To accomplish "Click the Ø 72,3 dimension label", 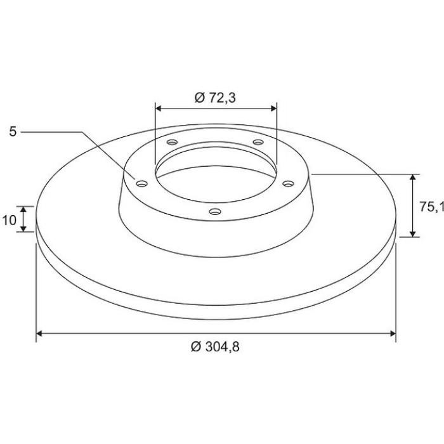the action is [x=215, y=98].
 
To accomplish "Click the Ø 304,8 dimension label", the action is [x=215, y=346].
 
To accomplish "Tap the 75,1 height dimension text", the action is [x=431, y=207].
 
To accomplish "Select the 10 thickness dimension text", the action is [x=10, y=220].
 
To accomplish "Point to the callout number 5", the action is [x=13, y=132].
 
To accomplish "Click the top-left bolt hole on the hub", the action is [x=172, y=142].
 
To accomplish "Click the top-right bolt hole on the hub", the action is [x=258, y=142].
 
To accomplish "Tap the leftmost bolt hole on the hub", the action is [x=142, y=184].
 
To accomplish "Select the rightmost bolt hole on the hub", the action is [x=288, y=184].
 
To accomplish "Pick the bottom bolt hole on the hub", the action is [x=215, y=211].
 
